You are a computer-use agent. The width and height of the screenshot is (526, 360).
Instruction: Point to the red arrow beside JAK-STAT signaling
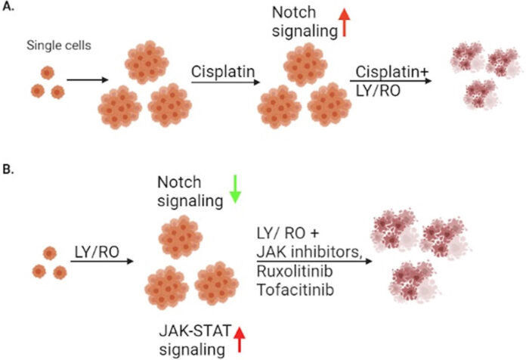point(243,339)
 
